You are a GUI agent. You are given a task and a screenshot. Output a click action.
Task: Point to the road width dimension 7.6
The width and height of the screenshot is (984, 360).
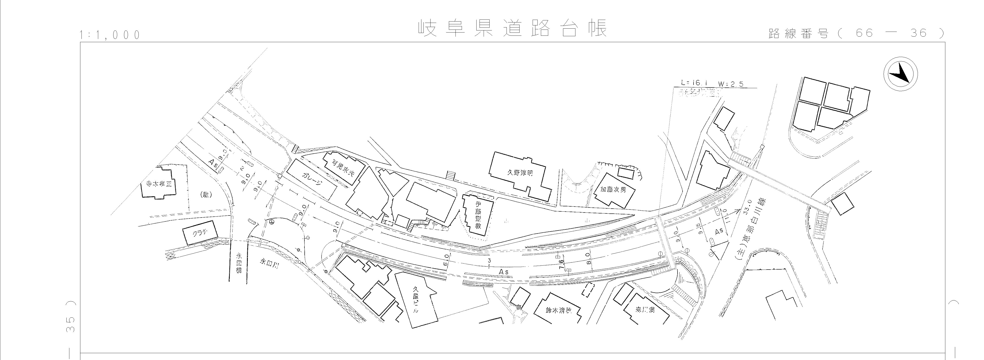[561, 264]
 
